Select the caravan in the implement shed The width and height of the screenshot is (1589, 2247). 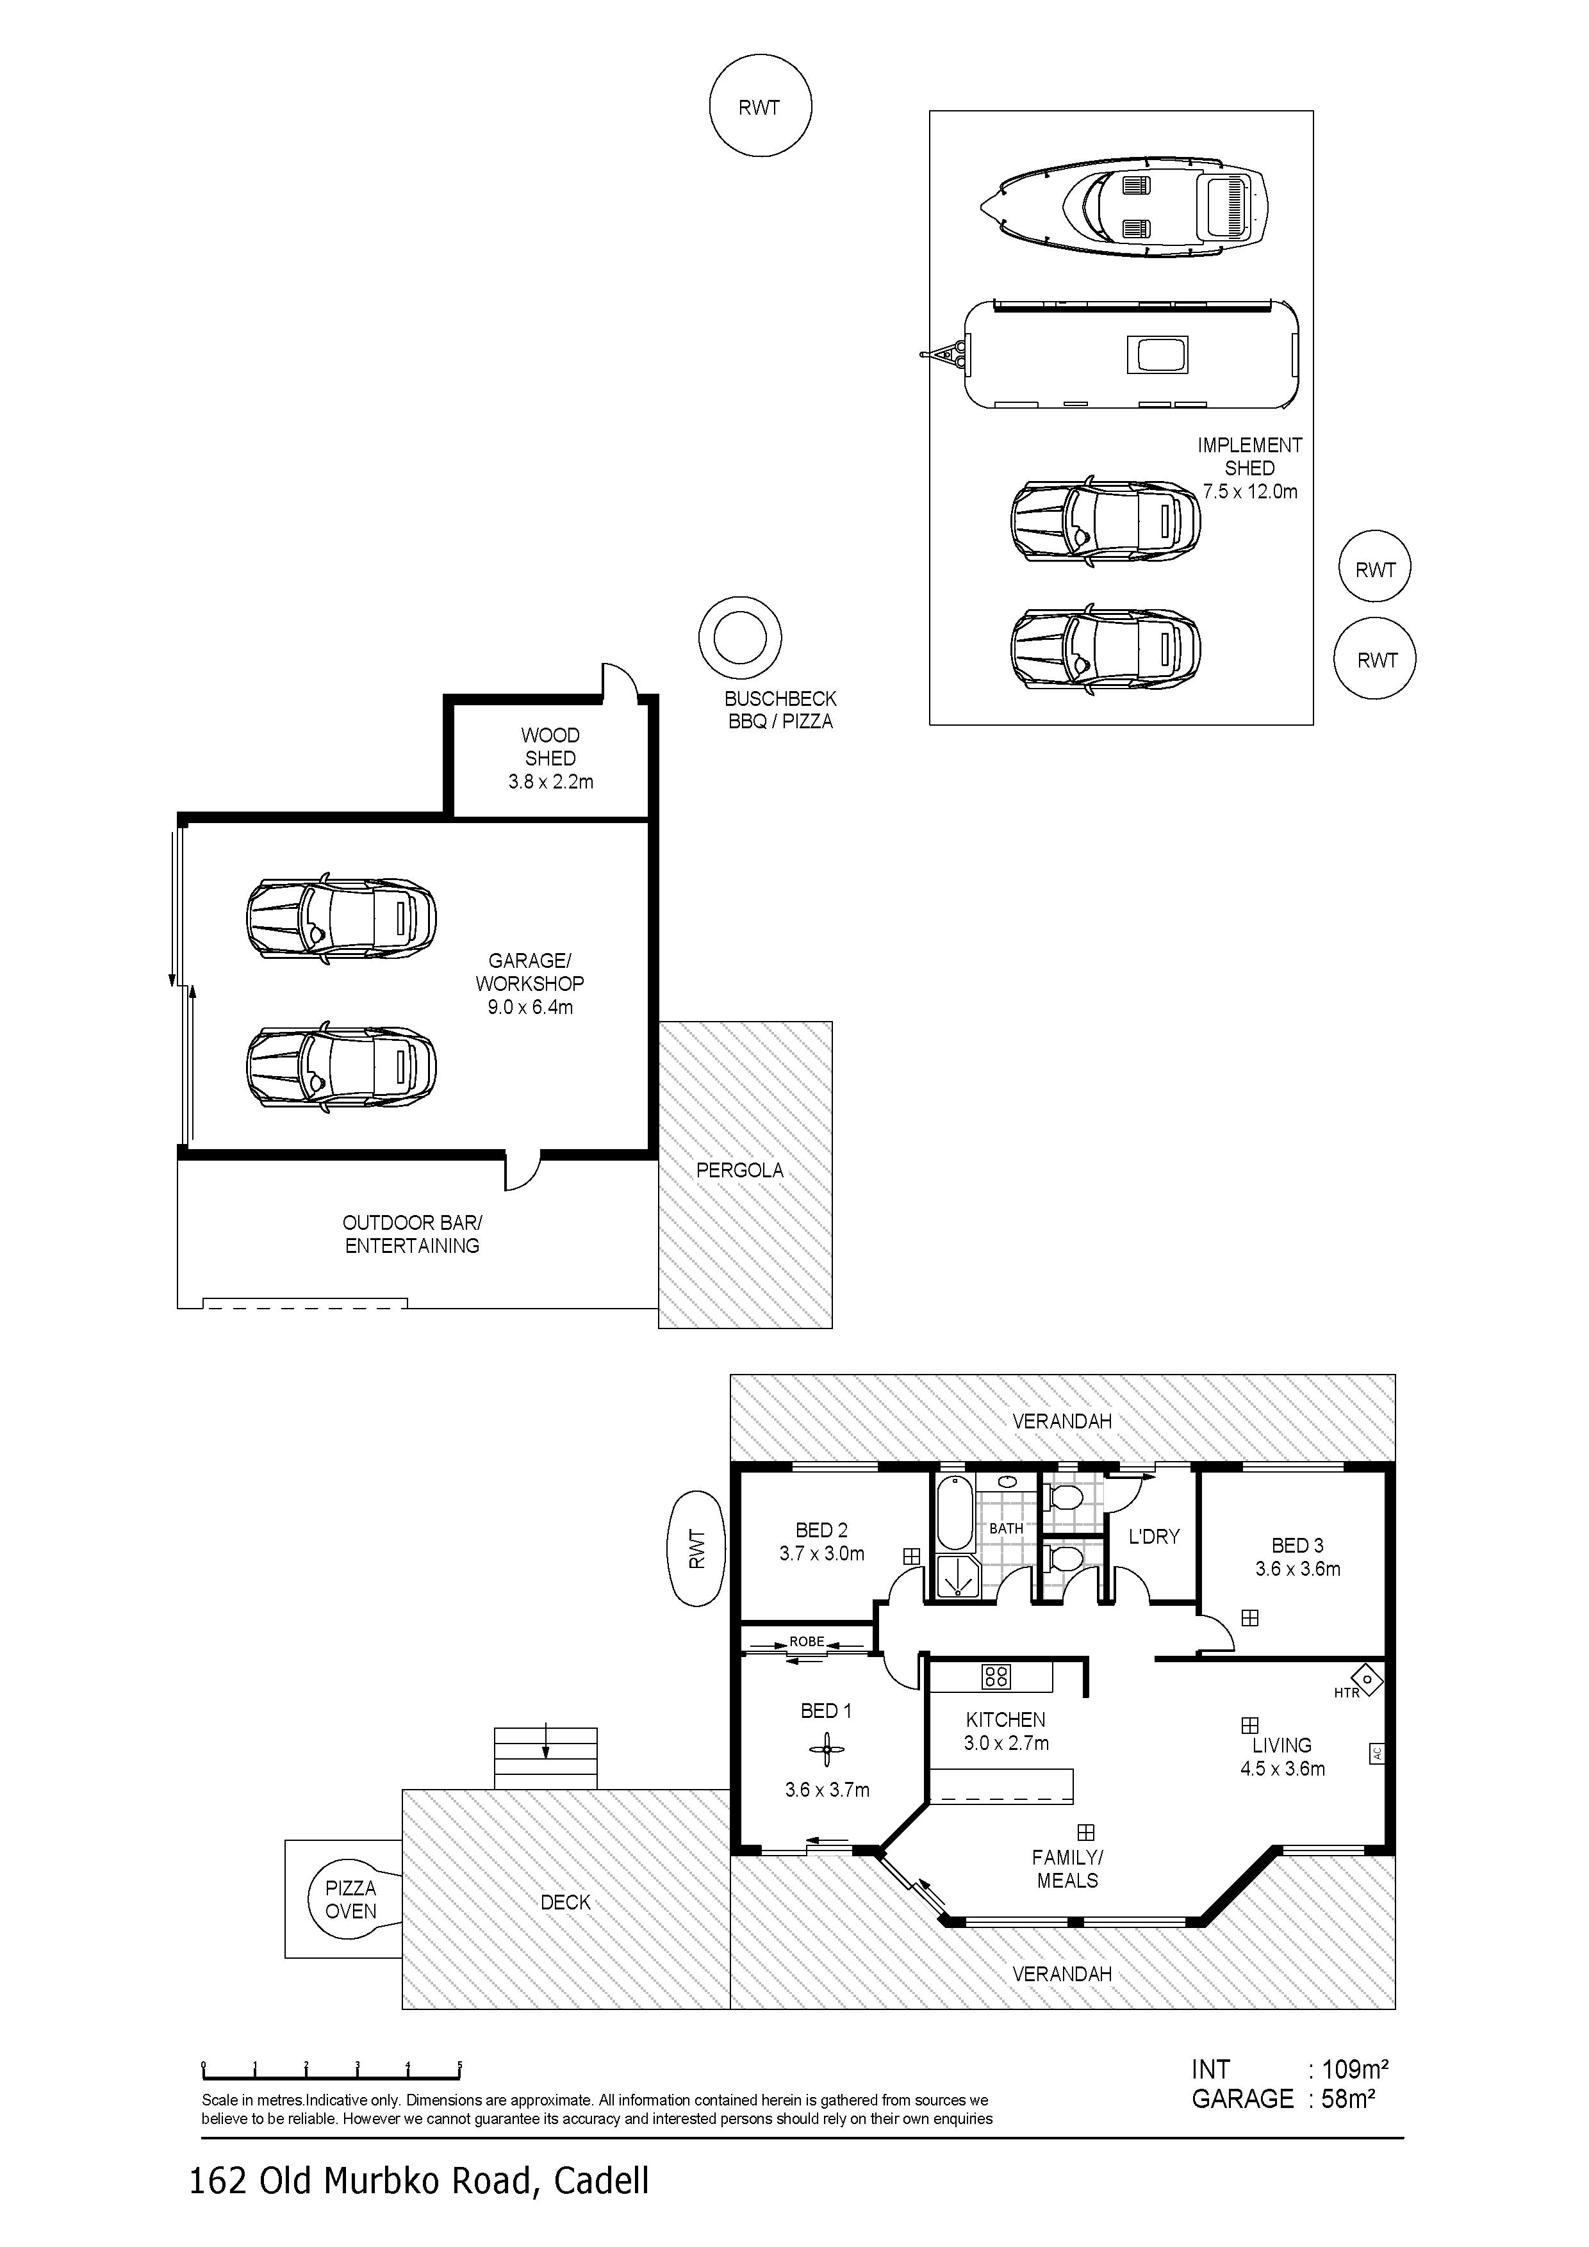1126,354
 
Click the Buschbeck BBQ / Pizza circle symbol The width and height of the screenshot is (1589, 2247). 740,638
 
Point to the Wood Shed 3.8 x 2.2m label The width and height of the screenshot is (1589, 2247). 550,758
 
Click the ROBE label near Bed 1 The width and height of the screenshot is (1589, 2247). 807,1641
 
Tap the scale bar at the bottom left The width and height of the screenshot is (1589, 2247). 331,2070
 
